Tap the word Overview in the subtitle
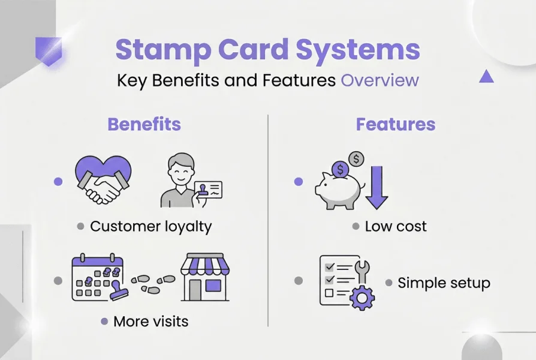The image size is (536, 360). (x=380, y=80)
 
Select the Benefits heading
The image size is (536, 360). (x=144, y=124)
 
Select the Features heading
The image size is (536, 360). (x=395, y=124)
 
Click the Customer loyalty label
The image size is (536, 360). (x=150, y=226)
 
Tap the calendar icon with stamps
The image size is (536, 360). (x=97, y=277)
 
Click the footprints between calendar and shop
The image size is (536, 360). (x=153, y=284)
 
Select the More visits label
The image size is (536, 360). (x=150, y=321)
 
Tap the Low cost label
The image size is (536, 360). (x=396, y=226)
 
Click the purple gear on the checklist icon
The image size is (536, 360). (x=362, y=297)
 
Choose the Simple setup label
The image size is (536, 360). (x=444, y=283)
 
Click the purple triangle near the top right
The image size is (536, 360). (x=486, y=76)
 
